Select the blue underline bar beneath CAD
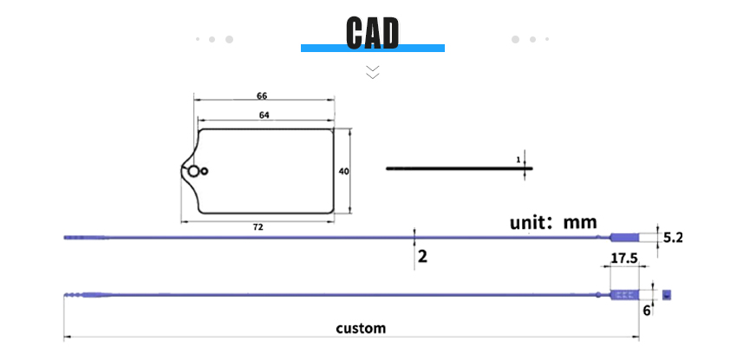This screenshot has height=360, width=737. point(373,48)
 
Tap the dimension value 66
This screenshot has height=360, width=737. point(262,96)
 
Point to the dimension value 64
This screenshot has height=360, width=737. point(264,115)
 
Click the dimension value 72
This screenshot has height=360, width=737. point(258,227)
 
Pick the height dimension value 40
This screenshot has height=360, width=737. point(344,172)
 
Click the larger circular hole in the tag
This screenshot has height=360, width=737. point(193,172)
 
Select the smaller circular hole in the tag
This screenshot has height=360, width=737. point(205,172)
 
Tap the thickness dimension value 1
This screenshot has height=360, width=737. point(519,160)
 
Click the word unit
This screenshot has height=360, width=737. point(530,222)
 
